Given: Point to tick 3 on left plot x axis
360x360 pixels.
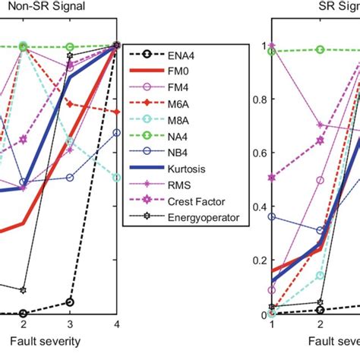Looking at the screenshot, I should (70, 324).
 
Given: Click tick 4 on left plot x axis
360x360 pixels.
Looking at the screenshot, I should (116, 324).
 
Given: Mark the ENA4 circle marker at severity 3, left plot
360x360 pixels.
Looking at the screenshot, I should (70, 302).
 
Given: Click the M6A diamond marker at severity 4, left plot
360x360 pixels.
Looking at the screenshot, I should (116, 112).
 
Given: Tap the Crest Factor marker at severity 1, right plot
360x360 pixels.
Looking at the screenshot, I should (272, 178).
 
